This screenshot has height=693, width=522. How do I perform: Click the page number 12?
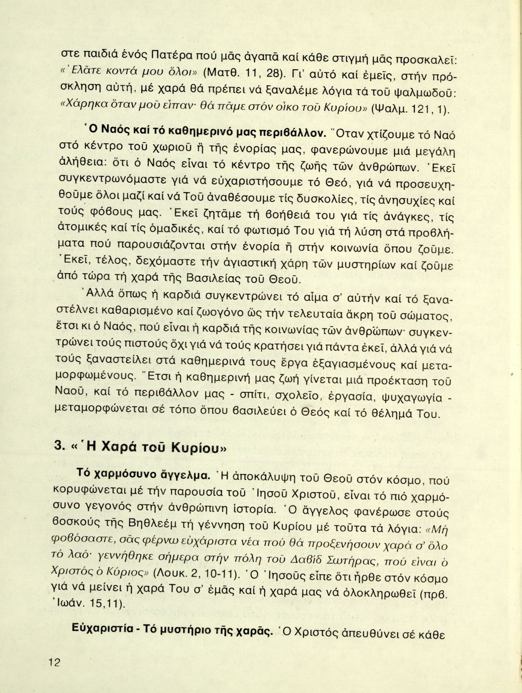(54, 662)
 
